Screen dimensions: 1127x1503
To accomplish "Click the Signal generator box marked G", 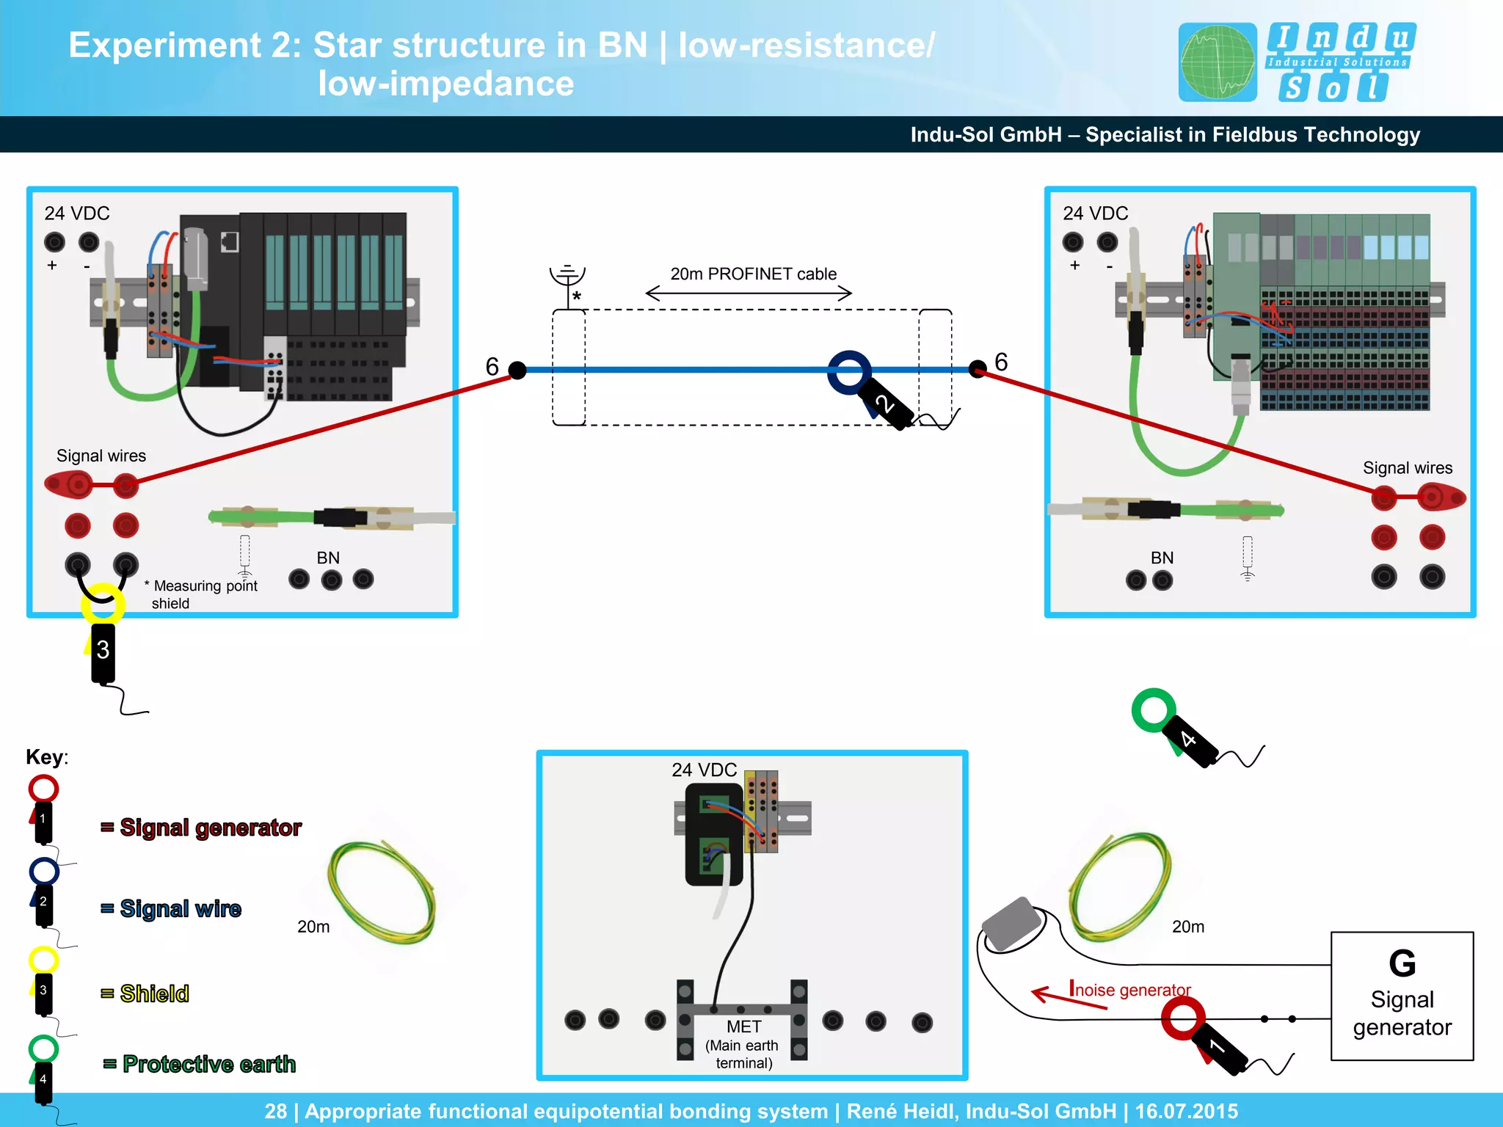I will (1402, 995).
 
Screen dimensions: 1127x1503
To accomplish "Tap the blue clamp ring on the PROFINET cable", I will (849, 371).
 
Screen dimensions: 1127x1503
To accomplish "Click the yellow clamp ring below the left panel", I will (102, 604).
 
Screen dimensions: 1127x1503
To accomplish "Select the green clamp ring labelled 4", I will (1154, 710).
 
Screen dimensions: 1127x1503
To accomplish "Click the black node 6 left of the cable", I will (517, 370).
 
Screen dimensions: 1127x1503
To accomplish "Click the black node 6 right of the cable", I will (978, 368).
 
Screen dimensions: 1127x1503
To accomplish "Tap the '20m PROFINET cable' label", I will (753, 274).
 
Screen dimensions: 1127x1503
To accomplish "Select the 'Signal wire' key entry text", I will (181, 908).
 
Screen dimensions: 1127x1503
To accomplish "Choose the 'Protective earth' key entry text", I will (208, 1064).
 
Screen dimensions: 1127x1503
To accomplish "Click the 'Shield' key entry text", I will (154, 993).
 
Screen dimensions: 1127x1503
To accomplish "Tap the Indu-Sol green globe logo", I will (1217, 62).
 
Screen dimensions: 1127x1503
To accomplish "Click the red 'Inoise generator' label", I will (1129, 989).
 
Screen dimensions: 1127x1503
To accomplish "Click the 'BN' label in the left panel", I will (328, 558).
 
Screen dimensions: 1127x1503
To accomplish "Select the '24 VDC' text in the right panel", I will (1095, 214).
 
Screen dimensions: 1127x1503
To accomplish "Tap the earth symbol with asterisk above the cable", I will (567, 282).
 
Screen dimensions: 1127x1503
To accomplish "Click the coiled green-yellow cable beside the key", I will (382, 892).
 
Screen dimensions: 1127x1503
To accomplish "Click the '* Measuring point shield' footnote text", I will (202, 594).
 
